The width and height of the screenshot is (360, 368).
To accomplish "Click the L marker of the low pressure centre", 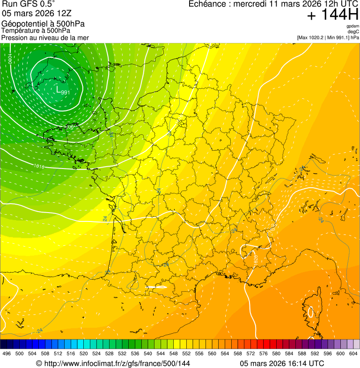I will [58, 89].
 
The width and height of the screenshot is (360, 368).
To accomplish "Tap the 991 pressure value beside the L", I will [66, 92].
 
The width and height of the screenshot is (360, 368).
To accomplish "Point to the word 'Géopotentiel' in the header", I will [22, 23].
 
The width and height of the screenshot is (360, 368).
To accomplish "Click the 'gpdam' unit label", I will [353, 26].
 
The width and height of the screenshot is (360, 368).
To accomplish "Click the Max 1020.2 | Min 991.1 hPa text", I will [328, 37].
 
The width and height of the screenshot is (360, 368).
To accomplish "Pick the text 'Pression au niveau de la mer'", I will [45, 37].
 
